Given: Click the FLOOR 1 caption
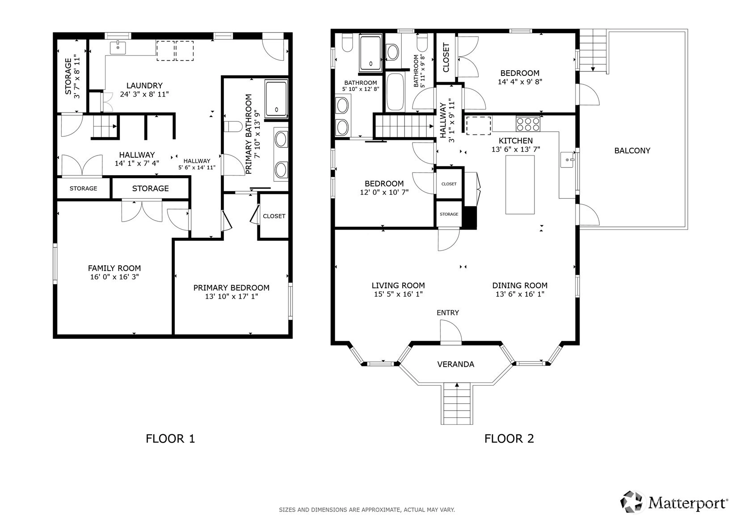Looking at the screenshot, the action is click(x=170, y=439).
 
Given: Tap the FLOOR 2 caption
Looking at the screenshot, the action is click(x=509, y=439).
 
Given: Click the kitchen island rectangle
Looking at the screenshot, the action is click(x=520, y=185).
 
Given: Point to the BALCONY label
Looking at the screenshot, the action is click(x=632, y=151).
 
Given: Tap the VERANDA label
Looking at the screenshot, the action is click(x=455, y=364).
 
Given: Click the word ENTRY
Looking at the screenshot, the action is click(x=447, y=312).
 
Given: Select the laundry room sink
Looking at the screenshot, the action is click(x=118, y=48).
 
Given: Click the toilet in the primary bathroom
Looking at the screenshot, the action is click(x=233, y=126).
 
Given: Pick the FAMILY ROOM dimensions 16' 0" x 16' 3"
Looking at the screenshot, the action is click(x=114, y=277).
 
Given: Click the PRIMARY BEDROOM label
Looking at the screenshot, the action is click(x=231, y=287).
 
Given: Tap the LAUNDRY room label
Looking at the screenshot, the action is click(x=145, y=85).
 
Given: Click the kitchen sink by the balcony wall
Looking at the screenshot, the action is click(x=567, y=159).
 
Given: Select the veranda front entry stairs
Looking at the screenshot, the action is click(x=457, y=403).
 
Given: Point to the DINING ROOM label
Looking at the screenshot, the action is click(x=520, y=285).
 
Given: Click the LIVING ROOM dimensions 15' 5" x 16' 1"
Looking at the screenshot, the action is click(x=398, y=294).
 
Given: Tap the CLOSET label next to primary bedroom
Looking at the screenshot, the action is click(x=274, y=216).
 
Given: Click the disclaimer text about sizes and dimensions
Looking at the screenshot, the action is click(x=367, y=510).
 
